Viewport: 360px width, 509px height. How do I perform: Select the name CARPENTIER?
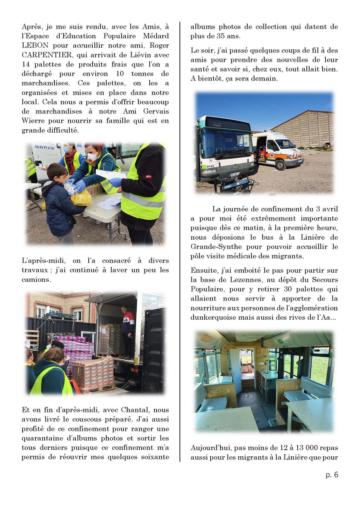coord(45,54)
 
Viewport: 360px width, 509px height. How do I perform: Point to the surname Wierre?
coord(34,121)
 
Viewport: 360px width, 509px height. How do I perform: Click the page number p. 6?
coord(332,475)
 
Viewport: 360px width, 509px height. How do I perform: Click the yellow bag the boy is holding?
coord(81,198)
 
